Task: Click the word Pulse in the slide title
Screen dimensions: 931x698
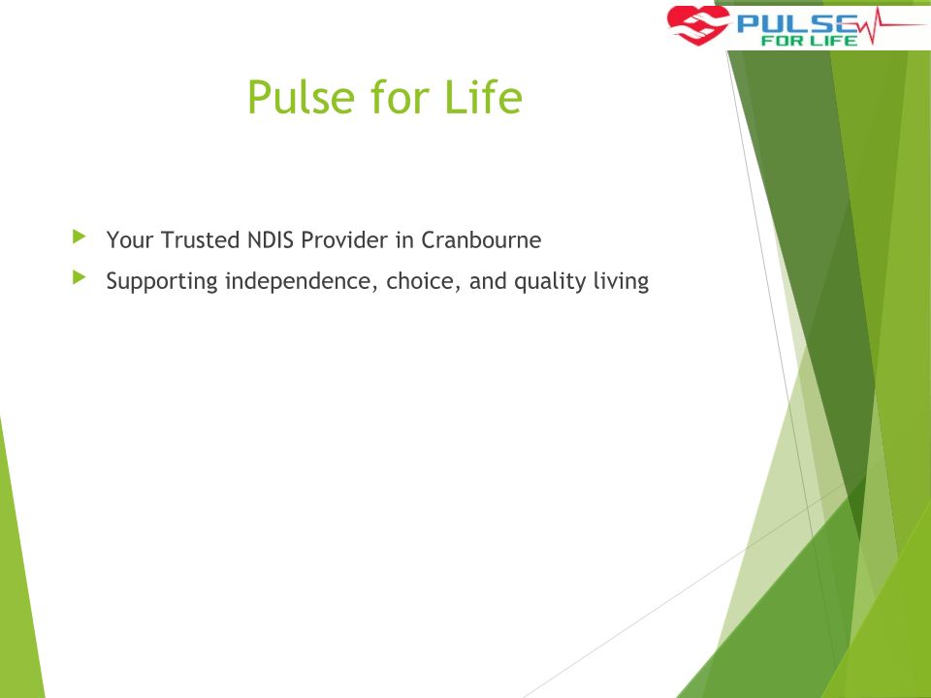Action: pyautogui.click(x=301, y=97)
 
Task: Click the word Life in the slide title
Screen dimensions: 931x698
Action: pyautogui.click(x=483, y=97)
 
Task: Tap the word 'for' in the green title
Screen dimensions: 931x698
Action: pyautogui.click(x=400, y=97)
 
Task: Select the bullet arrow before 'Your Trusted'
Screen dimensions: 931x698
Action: pyautogui.click(x=79, y=237)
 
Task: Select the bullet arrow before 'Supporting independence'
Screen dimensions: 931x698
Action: pyautogui.click(x=79, y=277)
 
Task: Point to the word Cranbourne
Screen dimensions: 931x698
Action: pyautogui.click(x=481, y=239)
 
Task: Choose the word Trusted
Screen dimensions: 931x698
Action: pyautogui.click(x=200, y=239)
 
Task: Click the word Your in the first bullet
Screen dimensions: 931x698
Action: pyautogui.click(x=130, y=239)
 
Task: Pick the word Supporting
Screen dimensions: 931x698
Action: pyautogui.click(x=162, y=281)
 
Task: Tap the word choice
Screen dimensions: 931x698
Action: pyautogui.click(x=424, y=281)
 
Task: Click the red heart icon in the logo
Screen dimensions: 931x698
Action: pyautogui.click(x=697, y=25)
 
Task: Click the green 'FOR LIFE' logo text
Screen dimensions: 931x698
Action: pyautogui.click(x=809, y=41)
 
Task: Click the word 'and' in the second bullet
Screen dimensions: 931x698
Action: pyautogui.click(x=488, y=281)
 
